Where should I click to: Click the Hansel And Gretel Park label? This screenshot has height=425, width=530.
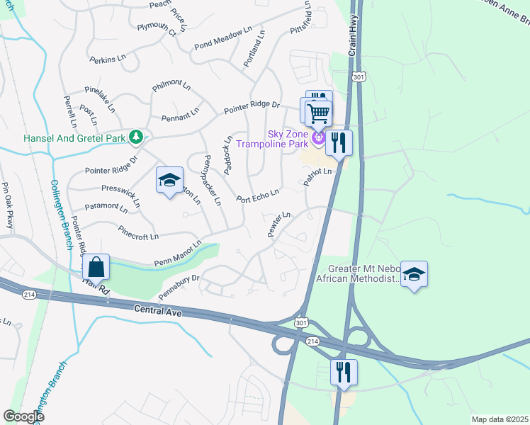[74, 138]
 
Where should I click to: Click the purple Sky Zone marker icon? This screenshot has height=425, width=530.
[319, 136]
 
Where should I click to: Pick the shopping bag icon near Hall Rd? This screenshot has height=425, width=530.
[96, 268]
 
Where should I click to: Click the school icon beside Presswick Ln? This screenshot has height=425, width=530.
[169, 181]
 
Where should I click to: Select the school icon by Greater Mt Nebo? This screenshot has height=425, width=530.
[414, 274]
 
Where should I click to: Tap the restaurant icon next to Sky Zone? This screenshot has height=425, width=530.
[339, 143]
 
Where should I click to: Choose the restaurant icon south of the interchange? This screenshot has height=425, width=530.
[344, 373]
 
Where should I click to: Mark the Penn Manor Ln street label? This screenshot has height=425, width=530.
[178, 254]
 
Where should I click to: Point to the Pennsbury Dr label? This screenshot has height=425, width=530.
[179, 285]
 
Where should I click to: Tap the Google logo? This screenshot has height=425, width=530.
[24, 416]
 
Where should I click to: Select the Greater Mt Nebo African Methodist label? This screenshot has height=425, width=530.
[363, 274]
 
